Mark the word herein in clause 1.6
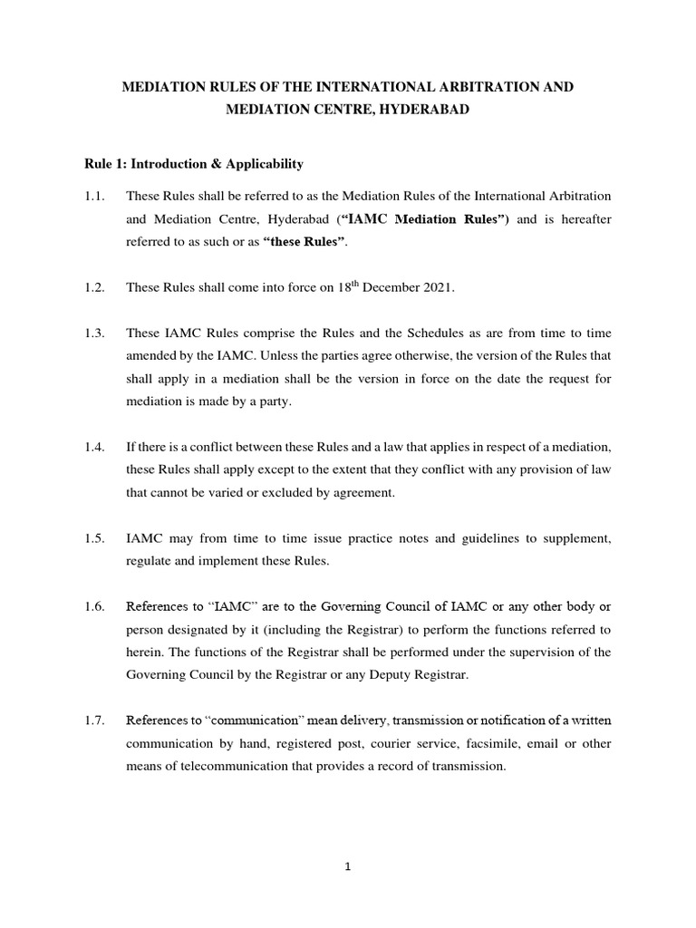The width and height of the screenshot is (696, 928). [146, 652]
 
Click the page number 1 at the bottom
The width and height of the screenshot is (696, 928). [348, 866]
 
